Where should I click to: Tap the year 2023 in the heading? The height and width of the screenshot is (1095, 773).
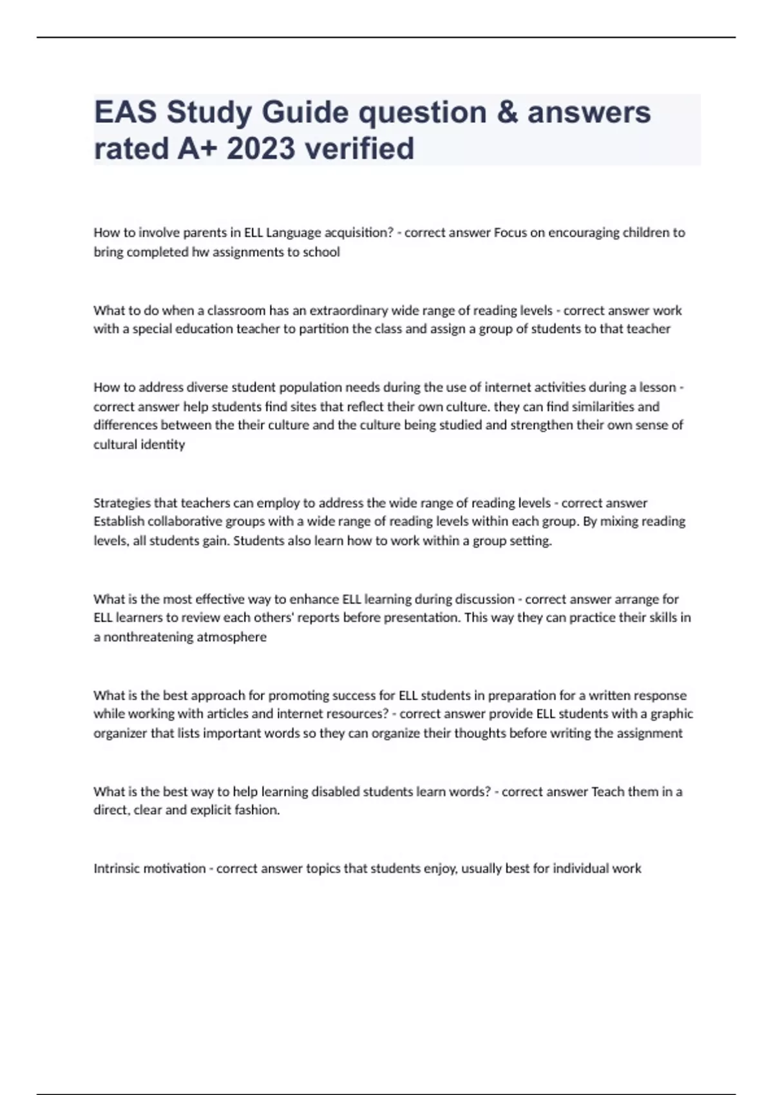pyautogui.click(x=261, y=149)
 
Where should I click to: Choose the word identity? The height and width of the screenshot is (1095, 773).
pyautogui.click(x=164, y=444)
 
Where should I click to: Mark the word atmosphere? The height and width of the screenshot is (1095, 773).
pyautogui.click(x=232, y=637)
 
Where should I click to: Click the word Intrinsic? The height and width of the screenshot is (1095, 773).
pyautogui.click(x=117, y=868)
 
